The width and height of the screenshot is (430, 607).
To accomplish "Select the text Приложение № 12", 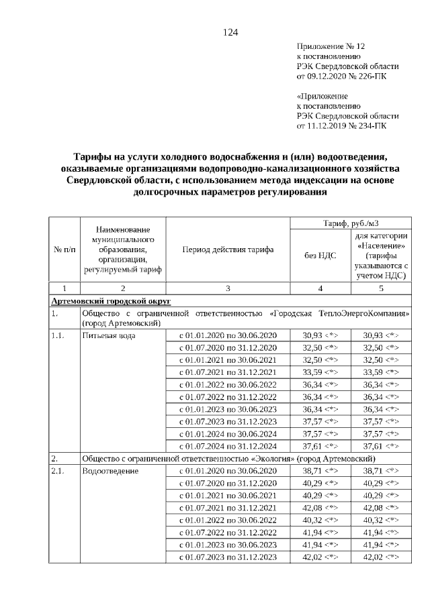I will (330, 46).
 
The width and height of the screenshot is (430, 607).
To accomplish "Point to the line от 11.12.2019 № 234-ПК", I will (341, 125).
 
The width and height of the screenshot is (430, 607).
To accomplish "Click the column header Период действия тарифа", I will (228, 250).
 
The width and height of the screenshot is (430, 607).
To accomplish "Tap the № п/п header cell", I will (64, 250).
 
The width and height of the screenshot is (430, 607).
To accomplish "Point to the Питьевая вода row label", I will (102, 335).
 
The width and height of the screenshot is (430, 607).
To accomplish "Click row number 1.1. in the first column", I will (58, 335).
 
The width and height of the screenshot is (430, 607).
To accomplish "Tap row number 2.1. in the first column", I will (58, 471).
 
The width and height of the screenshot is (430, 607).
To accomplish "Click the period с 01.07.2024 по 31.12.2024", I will (227, 445).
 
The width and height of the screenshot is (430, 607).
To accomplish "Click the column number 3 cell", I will (228, 288).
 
